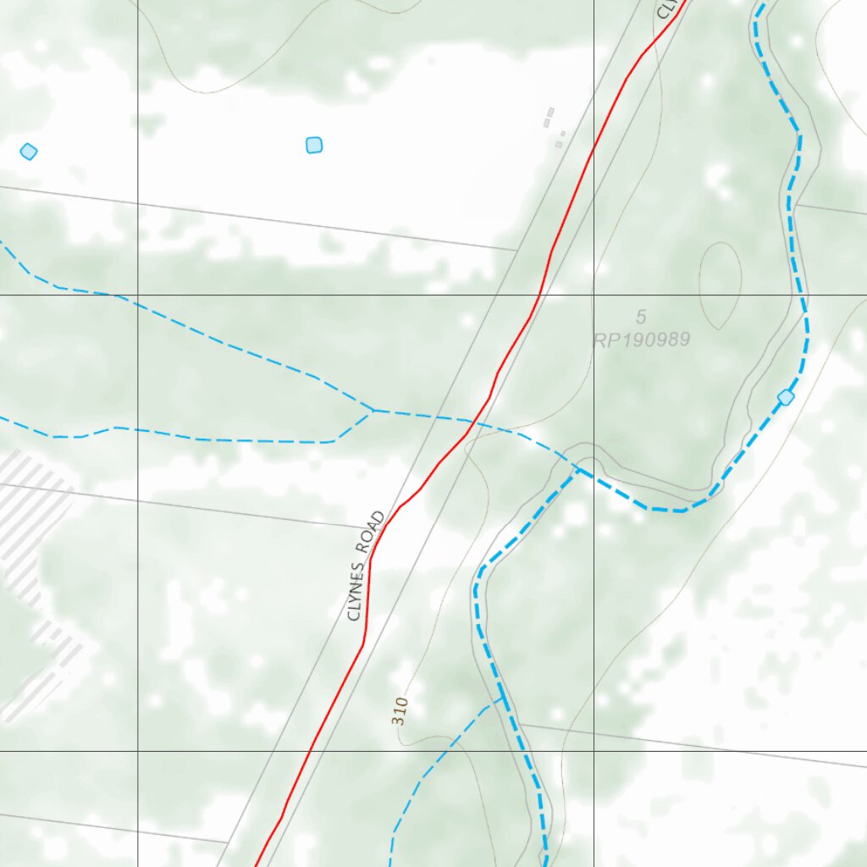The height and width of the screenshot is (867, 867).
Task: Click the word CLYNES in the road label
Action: [358, 590]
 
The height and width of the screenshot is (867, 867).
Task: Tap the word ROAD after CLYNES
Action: [376, 532]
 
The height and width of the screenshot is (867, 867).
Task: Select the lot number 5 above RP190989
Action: [641, 318]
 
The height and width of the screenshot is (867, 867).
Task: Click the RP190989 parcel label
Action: [642, 340]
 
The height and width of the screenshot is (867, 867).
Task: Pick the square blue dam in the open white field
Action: [314, 145]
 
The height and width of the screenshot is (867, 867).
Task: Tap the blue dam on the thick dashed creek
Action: [786, 397]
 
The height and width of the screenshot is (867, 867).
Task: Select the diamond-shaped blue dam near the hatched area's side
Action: [29, 152]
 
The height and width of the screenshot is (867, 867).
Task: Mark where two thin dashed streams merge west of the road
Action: [373, 411]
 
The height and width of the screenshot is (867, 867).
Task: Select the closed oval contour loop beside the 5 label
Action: [721, 285]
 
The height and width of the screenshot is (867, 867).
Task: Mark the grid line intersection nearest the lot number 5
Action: [594, 295]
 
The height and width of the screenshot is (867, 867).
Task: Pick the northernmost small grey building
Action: [550, 111]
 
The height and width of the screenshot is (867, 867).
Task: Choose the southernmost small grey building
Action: [558, 145]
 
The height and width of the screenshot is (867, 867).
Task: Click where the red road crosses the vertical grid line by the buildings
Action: [594, 146]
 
